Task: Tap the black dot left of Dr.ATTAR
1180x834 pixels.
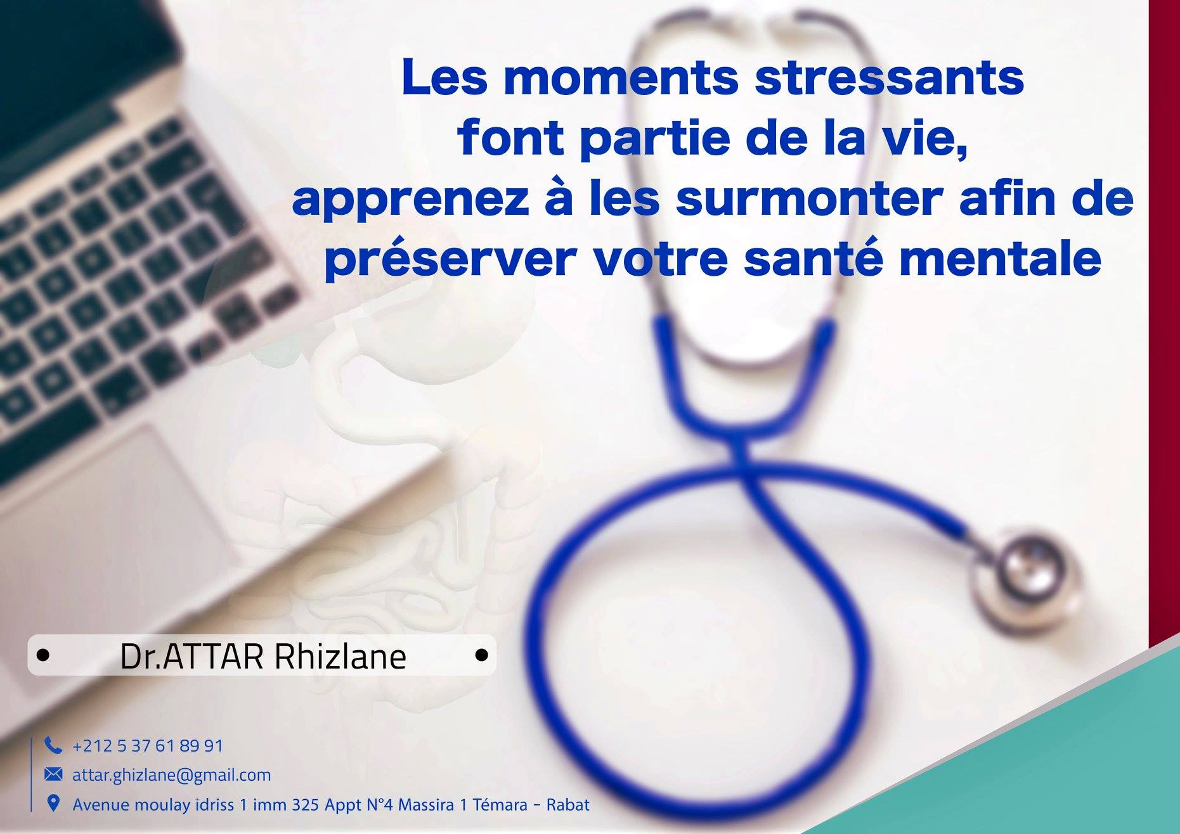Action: (x=43, y=655)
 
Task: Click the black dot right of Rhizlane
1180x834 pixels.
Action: (x=482, y=655)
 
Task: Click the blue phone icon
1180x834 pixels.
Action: (x=53, y=745)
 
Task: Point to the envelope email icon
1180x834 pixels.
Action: (x=53, y=774)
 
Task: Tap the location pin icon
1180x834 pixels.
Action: (x=54, y=804)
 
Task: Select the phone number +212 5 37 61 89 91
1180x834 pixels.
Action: (x=148, y=746)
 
